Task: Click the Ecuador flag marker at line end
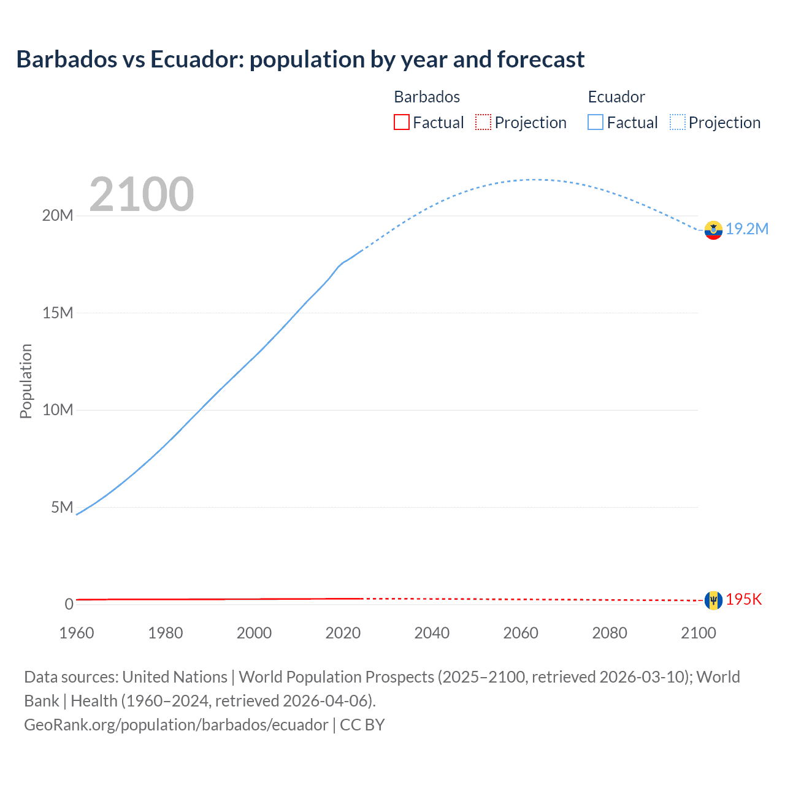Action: pyautogui.click(x=713, y=230)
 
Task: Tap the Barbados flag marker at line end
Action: pyautogui.click(x=713, y=600)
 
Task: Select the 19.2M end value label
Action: pyautogui.click(x=747, y=229)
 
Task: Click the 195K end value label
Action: pyautogui.click(x=744, y=600)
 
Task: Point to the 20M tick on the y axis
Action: pyautogui.click(x=58, y=216)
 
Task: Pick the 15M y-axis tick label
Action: pyautogui.click(x=58, y=313)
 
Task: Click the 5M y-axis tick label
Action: pyautogui.click(x=62, y=508)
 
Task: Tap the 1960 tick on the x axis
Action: pyautogui.click(x=77, y=634)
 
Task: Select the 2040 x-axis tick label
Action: pyautogui.click(x=432, y=634)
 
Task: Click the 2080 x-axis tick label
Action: pyautogui.click(x=610, y=634)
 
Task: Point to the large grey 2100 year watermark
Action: pyautogui.click(x=142, y=194)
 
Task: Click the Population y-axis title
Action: pyautogui.click(x=26, y=381)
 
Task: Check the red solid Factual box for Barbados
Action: pyautogui.click(x=402, y=123)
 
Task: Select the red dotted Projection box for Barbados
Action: pyautogui.click(x=483, y=123)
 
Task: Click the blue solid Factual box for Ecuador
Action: pyautogui.click(x=595, y=123)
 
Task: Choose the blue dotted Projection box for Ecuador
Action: pyautogui.click(x=678, y=123)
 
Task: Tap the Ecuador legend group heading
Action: pyautogui.click(x=616, y=97)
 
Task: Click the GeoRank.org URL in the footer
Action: pyautogui.click(x=176, y=725)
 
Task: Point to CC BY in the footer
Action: pyautogui.click(x=362, y=725)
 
